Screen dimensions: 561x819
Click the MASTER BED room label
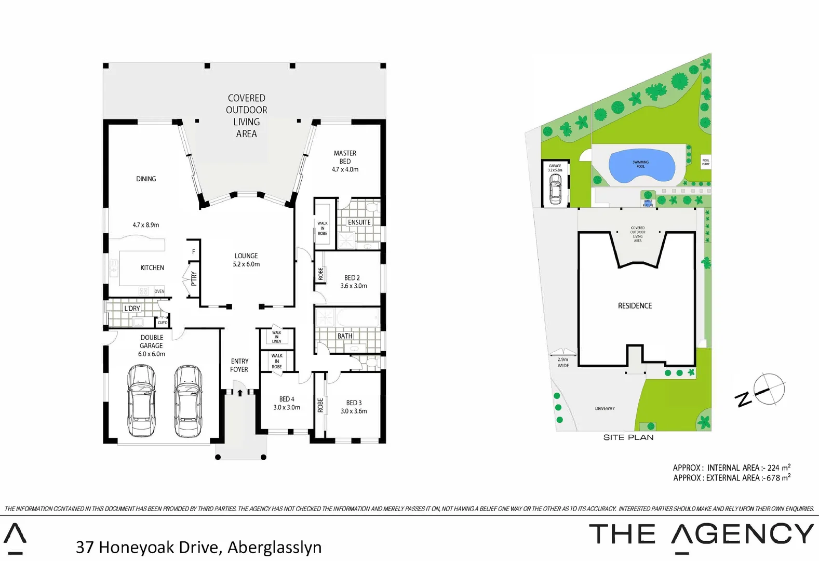pos(345,161)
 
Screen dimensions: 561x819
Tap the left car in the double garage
pos(141,400)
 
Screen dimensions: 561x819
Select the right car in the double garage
pos(188,400)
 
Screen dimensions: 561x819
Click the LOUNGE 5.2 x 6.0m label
pos(246,260)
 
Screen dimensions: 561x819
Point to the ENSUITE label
pos(359,222)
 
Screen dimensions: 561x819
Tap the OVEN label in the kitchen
pos(159,291)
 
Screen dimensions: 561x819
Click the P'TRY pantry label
pos(194,278)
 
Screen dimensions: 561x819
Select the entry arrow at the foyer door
pos(240,393)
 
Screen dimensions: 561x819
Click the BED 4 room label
pos(287,403)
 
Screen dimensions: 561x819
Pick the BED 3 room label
pos(354,407)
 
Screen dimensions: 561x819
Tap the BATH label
pos(345,336)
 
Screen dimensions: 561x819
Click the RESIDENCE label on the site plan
pos(635,306)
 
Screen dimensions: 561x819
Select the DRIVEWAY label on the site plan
pos(605,409)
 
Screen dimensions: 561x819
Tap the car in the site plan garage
pos(555,188)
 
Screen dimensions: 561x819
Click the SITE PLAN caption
pos(628,437)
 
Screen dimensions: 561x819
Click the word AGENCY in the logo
pos(743,534)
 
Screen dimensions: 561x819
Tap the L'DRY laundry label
pos(132,309)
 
